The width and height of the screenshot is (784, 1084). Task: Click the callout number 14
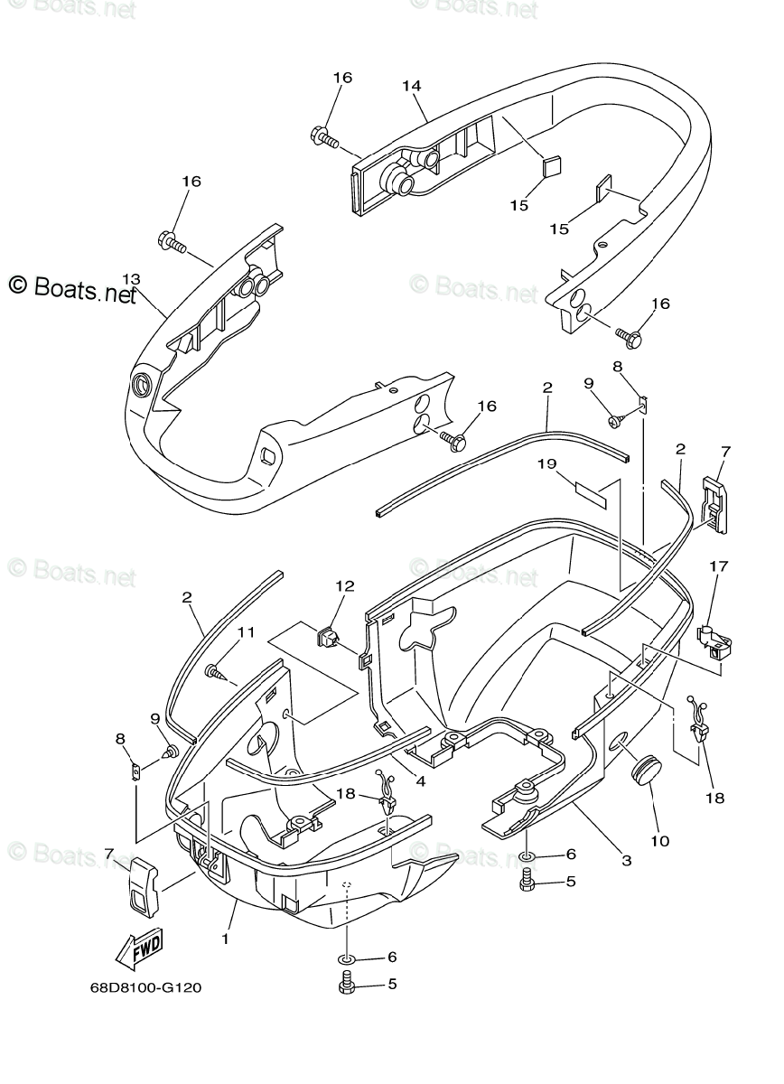pyautogui.click(x=412, y=86)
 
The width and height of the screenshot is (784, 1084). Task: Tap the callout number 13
pyautogui.click(x=132, y=279)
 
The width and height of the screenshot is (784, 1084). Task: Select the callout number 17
pyautogui.click(x=718, y=567)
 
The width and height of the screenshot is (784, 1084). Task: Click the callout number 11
pyautogui.click(x=247, y=632)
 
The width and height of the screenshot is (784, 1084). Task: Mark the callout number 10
pyautogui.click(x=659, y=841)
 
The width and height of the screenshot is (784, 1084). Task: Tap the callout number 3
pyautogui.click(x=626, y=860)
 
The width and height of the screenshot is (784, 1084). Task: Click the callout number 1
pyautogui.click(x=225, y=939)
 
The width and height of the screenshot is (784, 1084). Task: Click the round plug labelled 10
pyautogui.click(x=643, y=772)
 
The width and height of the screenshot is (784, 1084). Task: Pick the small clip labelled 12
pyautogui.click(x=330, y=638)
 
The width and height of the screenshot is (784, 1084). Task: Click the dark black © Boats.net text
pyautogui.click(x=72, y=288)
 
